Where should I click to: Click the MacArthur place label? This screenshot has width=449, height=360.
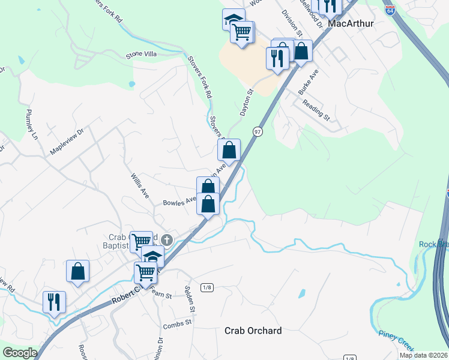(352, 23)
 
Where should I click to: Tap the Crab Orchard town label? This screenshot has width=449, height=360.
(253, 331)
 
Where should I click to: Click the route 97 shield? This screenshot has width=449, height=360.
(258, 131)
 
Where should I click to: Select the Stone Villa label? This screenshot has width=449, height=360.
(141, 55)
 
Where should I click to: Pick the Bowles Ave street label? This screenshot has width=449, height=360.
(179, 202)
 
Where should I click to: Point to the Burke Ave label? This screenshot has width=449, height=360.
(308, 80)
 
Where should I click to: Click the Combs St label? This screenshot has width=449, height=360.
(177, 325)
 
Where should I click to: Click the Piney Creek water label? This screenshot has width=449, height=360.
(396, 340)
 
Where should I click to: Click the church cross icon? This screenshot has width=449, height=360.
(167, 240)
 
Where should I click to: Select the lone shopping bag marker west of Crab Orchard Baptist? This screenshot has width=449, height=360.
(77, 271)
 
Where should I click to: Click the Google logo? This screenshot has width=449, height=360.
(20, 353)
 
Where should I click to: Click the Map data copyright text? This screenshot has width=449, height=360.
(423, 355)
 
